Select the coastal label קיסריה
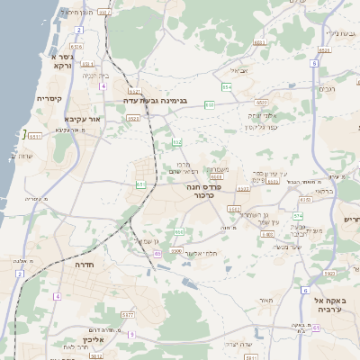49,98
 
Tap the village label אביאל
238,70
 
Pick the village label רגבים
328,88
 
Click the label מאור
265,300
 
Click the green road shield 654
227,86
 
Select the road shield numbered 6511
35,136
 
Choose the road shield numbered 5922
329,274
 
